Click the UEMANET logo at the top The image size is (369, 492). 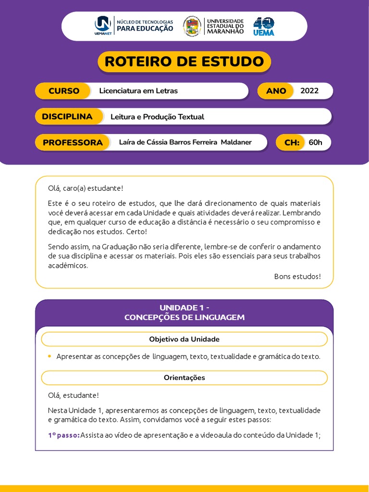click(x=103, y=25)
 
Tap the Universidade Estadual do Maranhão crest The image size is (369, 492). click(x=192, y=25)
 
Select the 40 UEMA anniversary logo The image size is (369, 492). click(x=264, y=25)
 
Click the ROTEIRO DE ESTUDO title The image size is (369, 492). click(x=184, y=61)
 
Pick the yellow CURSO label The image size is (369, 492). click(x=63, y=91)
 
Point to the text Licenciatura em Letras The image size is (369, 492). click(x=138, y=91)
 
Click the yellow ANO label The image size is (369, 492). click(x=276, y=91)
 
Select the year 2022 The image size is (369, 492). click(x=309, y=91)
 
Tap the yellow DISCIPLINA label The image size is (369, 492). click(x=67, y=117)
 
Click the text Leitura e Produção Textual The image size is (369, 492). click(x=157, y=117)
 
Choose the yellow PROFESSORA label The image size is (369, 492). click(x=73, y=142)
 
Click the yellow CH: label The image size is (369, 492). click(x=292, y=142)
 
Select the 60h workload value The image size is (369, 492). click(x=316, y=142)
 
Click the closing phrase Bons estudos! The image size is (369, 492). click(x=297, y=276)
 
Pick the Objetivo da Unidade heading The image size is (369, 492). click(x=184, y=339)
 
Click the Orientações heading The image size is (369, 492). click(x=184, y=378)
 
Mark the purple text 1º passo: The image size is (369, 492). click(x=63, y=435)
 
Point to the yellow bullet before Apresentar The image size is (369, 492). click(x=49, y=356)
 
